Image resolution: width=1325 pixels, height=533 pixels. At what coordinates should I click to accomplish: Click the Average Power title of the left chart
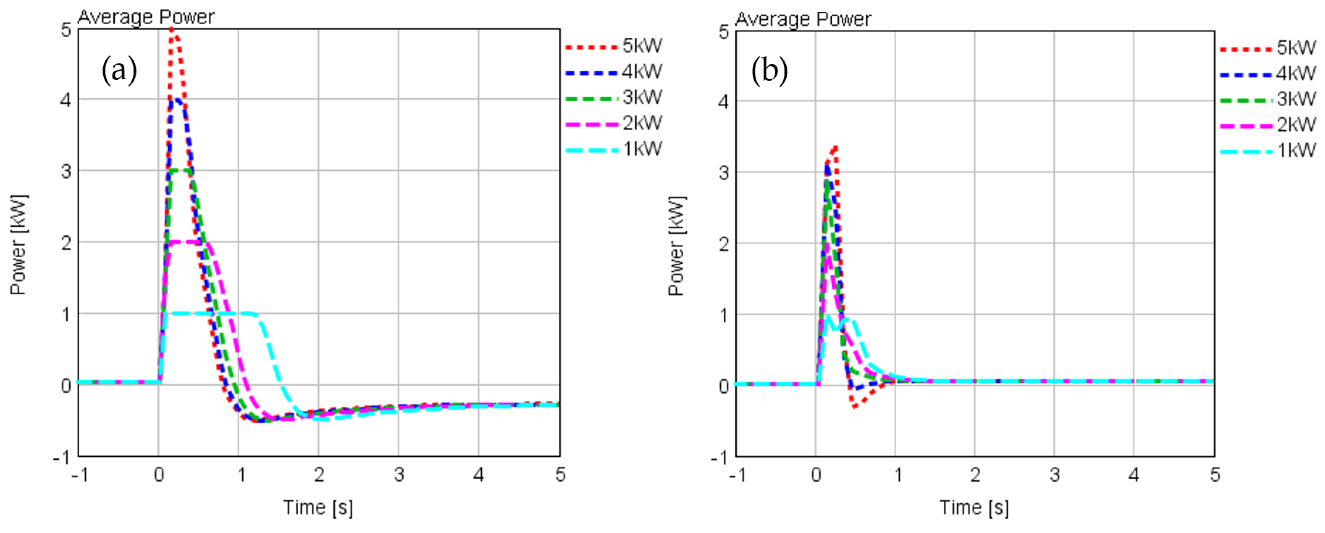pyautogui.click(x=146, y=17)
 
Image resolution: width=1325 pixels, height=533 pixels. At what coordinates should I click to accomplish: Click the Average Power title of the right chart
pyautogui.click(x=803, y=19)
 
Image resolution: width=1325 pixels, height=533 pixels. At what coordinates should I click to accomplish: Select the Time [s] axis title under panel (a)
pyautogui.click(x=318, y=507)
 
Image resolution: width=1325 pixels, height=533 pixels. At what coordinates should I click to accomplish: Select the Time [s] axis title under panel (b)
pyautogui.click(x=974, y=507)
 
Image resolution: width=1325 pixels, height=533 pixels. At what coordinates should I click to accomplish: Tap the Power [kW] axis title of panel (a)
pyautogui.click(x=18, y=244)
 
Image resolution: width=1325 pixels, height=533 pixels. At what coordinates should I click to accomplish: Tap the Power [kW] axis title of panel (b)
pyautogui.click(x=676, y=246)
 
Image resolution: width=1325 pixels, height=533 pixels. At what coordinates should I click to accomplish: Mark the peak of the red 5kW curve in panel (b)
pyautogui.click(x=835, y=148)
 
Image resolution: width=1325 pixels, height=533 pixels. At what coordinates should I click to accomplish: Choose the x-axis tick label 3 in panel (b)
pyautogui.click(x=1054, y=475)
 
